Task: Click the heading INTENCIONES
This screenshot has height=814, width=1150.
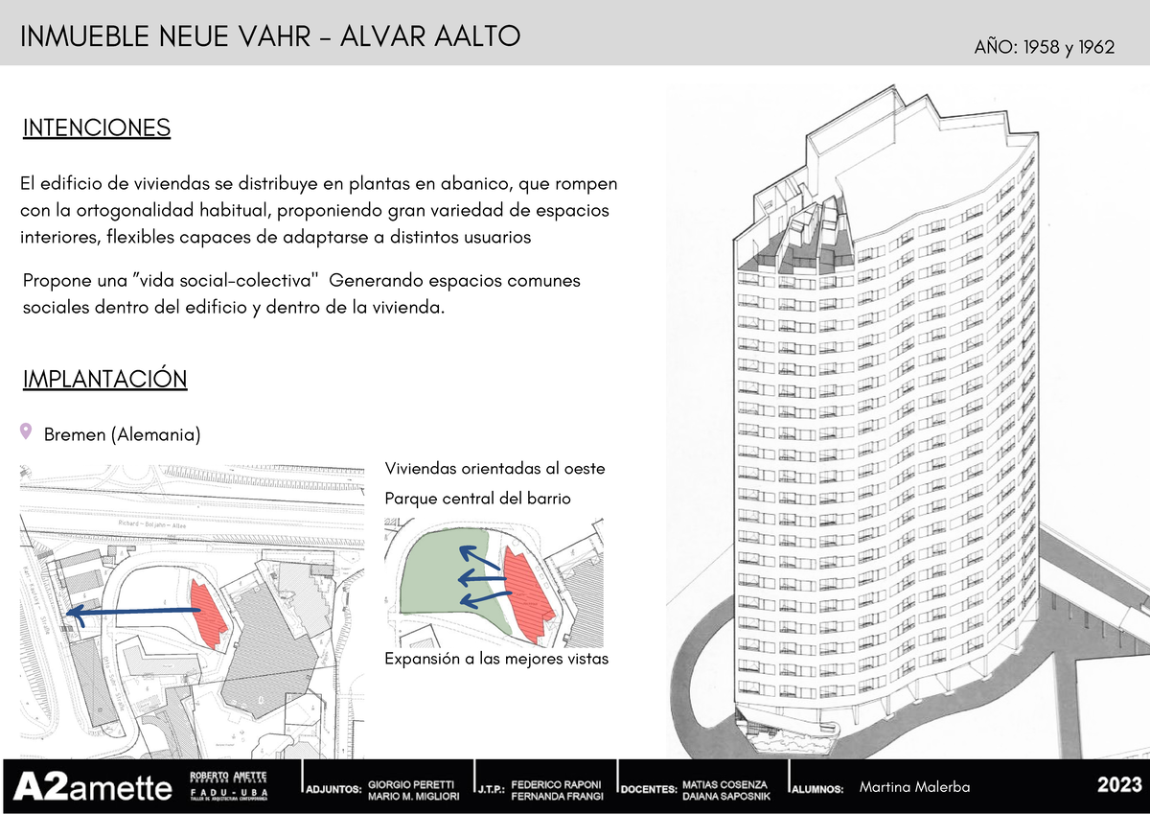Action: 96,128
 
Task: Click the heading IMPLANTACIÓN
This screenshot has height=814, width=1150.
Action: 104,379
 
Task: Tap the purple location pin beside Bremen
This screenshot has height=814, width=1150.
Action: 26,432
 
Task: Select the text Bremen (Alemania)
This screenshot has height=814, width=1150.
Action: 122,435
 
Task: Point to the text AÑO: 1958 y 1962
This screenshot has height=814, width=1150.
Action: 1044,47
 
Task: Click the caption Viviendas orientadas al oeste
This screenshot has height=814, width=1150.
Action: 494,469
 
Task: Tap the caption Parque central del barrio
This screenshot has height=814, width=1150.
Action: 477,499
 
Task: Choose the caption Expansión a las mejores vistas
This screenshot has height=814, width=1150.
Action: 496,660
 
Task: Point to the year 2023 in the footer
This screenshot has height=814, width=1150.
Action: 1119,786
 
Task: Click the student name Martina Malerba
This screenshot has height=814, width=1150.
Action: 915,787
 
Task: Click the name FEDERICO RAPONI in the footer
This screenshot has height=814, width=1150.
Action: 556,782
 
